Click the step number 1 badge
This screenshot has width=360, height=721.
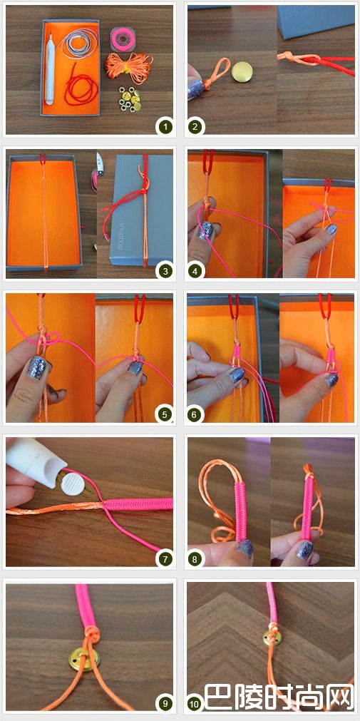(164, 126)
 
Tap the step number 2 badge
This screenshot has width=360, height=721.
(195, 126)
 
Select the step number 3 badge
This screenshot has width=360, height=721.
(164, 271)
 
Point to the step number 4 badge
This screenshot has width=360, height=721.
(195, 271)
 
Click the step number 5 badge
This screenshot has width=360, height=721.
(164, 414)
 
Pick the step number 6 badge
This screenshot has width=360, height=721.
(195, 414)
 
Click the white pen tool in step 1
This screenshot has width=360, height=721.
(50, 69)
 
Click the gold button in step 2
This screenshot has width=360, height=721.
(242, 72)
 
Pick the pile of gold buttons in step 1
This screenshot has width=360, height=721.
(130, 99)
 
